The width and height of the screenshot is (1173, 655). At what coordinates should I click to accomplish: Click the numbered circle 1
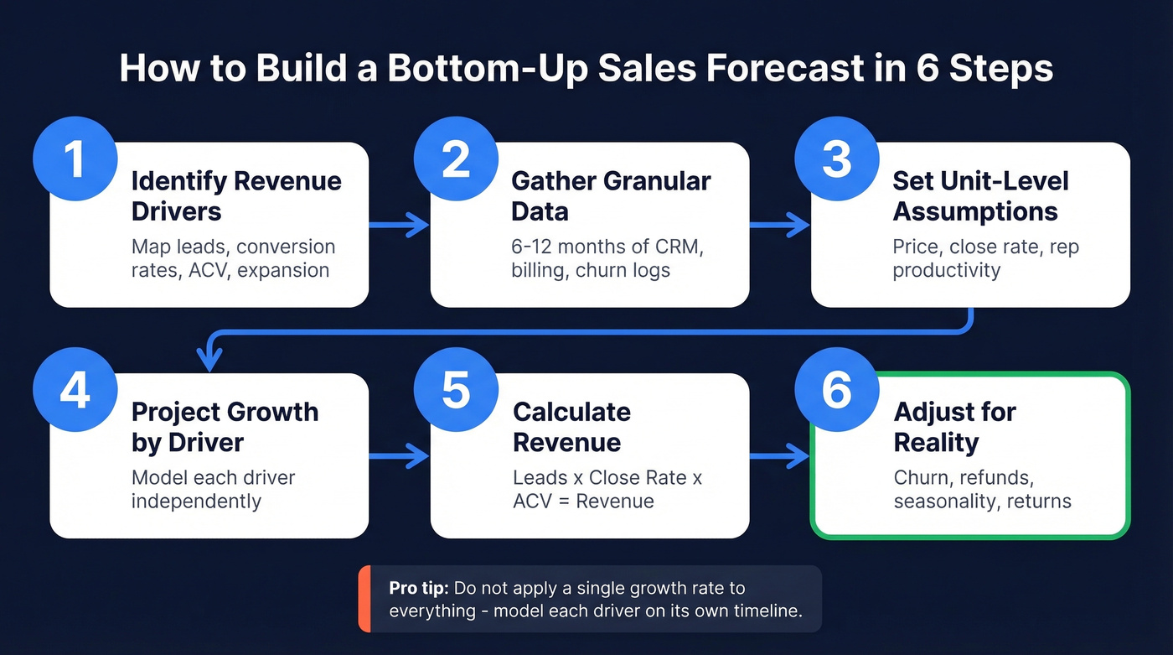pos(75,159)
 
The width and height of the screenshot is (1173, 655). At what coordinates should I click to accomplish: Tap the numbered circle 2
pos(456,159)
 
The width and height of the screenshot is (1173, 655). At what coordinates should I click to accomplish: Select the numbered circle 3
pos(836,159)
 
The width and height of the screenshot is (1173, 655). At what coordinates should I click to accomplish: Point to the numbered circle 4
pos(75,390)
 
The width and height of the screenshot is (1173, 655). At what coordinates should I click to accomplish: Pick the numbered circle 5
pos(456,390)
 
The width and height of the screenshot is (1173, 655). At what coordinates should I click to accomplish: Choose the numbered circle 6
pos(836,390)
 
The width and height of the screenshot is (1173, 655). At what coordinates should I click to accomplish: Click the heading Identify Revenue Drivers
pos(236,195)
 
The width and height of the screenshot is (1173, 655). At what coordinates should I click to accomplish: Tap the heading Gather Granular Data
pos(611,195)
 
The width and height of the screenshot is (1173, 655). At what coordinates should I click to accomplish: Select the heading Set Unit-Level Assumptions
pos(979,195)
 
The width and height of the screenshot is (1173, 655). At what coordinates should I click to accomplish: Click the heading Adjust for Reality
pos(954,427)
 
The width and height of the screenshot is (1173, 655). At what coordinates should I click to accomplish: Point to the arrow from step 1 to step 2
pos(399,225)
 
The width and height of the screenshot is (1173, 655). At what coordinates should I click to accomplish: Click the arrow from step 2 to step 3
pos(779,225)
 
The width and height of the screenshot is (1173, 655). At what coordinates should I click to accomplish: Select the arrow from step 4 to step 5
pos(399,456)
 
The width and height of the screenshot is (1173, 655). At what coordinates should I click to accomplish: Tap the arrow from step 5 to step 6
pos(779,456)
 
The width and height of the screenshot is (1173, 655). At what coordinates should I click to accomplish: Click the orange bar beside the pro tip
pos(364,599)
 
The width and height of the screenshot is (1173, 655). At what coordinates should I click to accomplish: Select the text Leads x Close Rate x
pos(607,477)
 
